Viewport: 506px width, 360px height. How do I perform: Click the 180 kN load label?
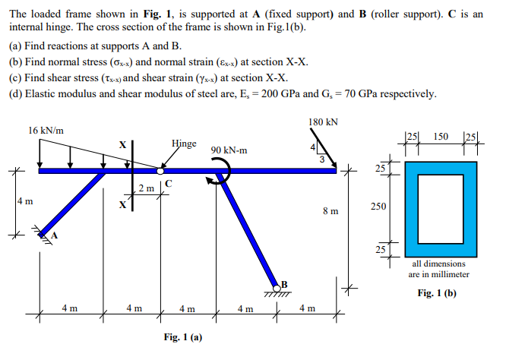[324, 122]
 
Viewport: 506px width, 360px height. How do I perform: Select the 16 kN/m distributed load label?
[46, 130]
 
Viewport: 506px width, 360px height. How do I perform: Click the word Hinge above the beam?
[184, 143]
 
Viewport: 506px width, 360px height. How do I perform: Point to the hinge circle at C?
[161, 170]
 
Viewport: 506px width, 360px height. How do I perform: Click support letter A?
[55, 235]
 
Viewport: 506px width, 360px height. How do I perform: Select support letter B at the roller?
[286, 285]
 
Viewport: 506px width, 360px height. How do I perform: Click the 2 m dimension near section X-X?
[146, 188]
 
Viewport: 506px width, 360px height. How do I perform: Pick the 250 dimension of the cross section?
[379, 207]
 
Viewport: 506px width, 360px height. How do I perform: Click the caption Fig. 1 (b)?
[438, 292]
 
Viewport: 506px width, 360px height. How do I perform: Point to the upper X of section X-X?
[122, 145]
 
